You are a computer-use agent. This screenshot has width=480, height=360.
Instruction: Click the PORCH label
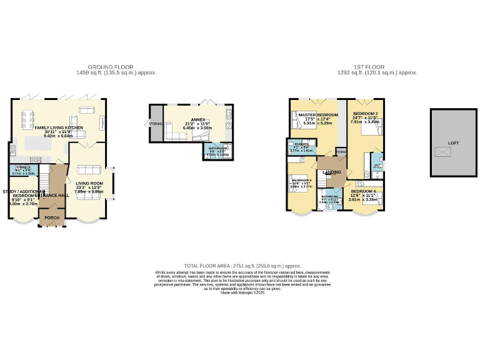coord(52,217)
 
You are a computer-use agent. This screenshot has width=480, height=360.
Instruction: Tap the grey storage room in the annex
coord(154,124)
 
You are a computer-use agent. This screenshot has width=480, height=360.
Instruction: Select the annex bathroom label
coord(218,150)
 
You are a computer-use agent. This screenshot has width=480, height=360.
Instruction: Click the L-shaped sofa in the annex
coord(179,135)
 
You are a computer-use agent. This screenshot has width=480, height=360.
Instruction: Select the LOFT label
coord(453,143)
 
